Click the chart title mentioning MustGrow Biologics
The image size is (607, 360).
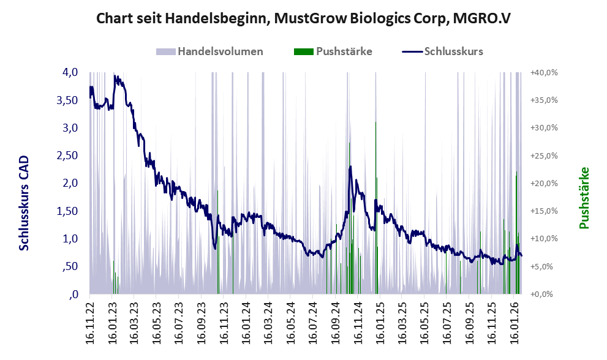pyautogui.click(x=303, y=19)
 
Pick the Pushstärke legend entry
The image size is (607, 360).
pyautogui.click(x=344, y=51)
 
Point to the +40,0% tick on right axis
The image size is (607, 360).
pyautogui.click(x=544, y=72)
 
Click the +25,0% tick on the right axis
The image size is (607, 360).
pyautogui.click(x=544, y=156)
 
